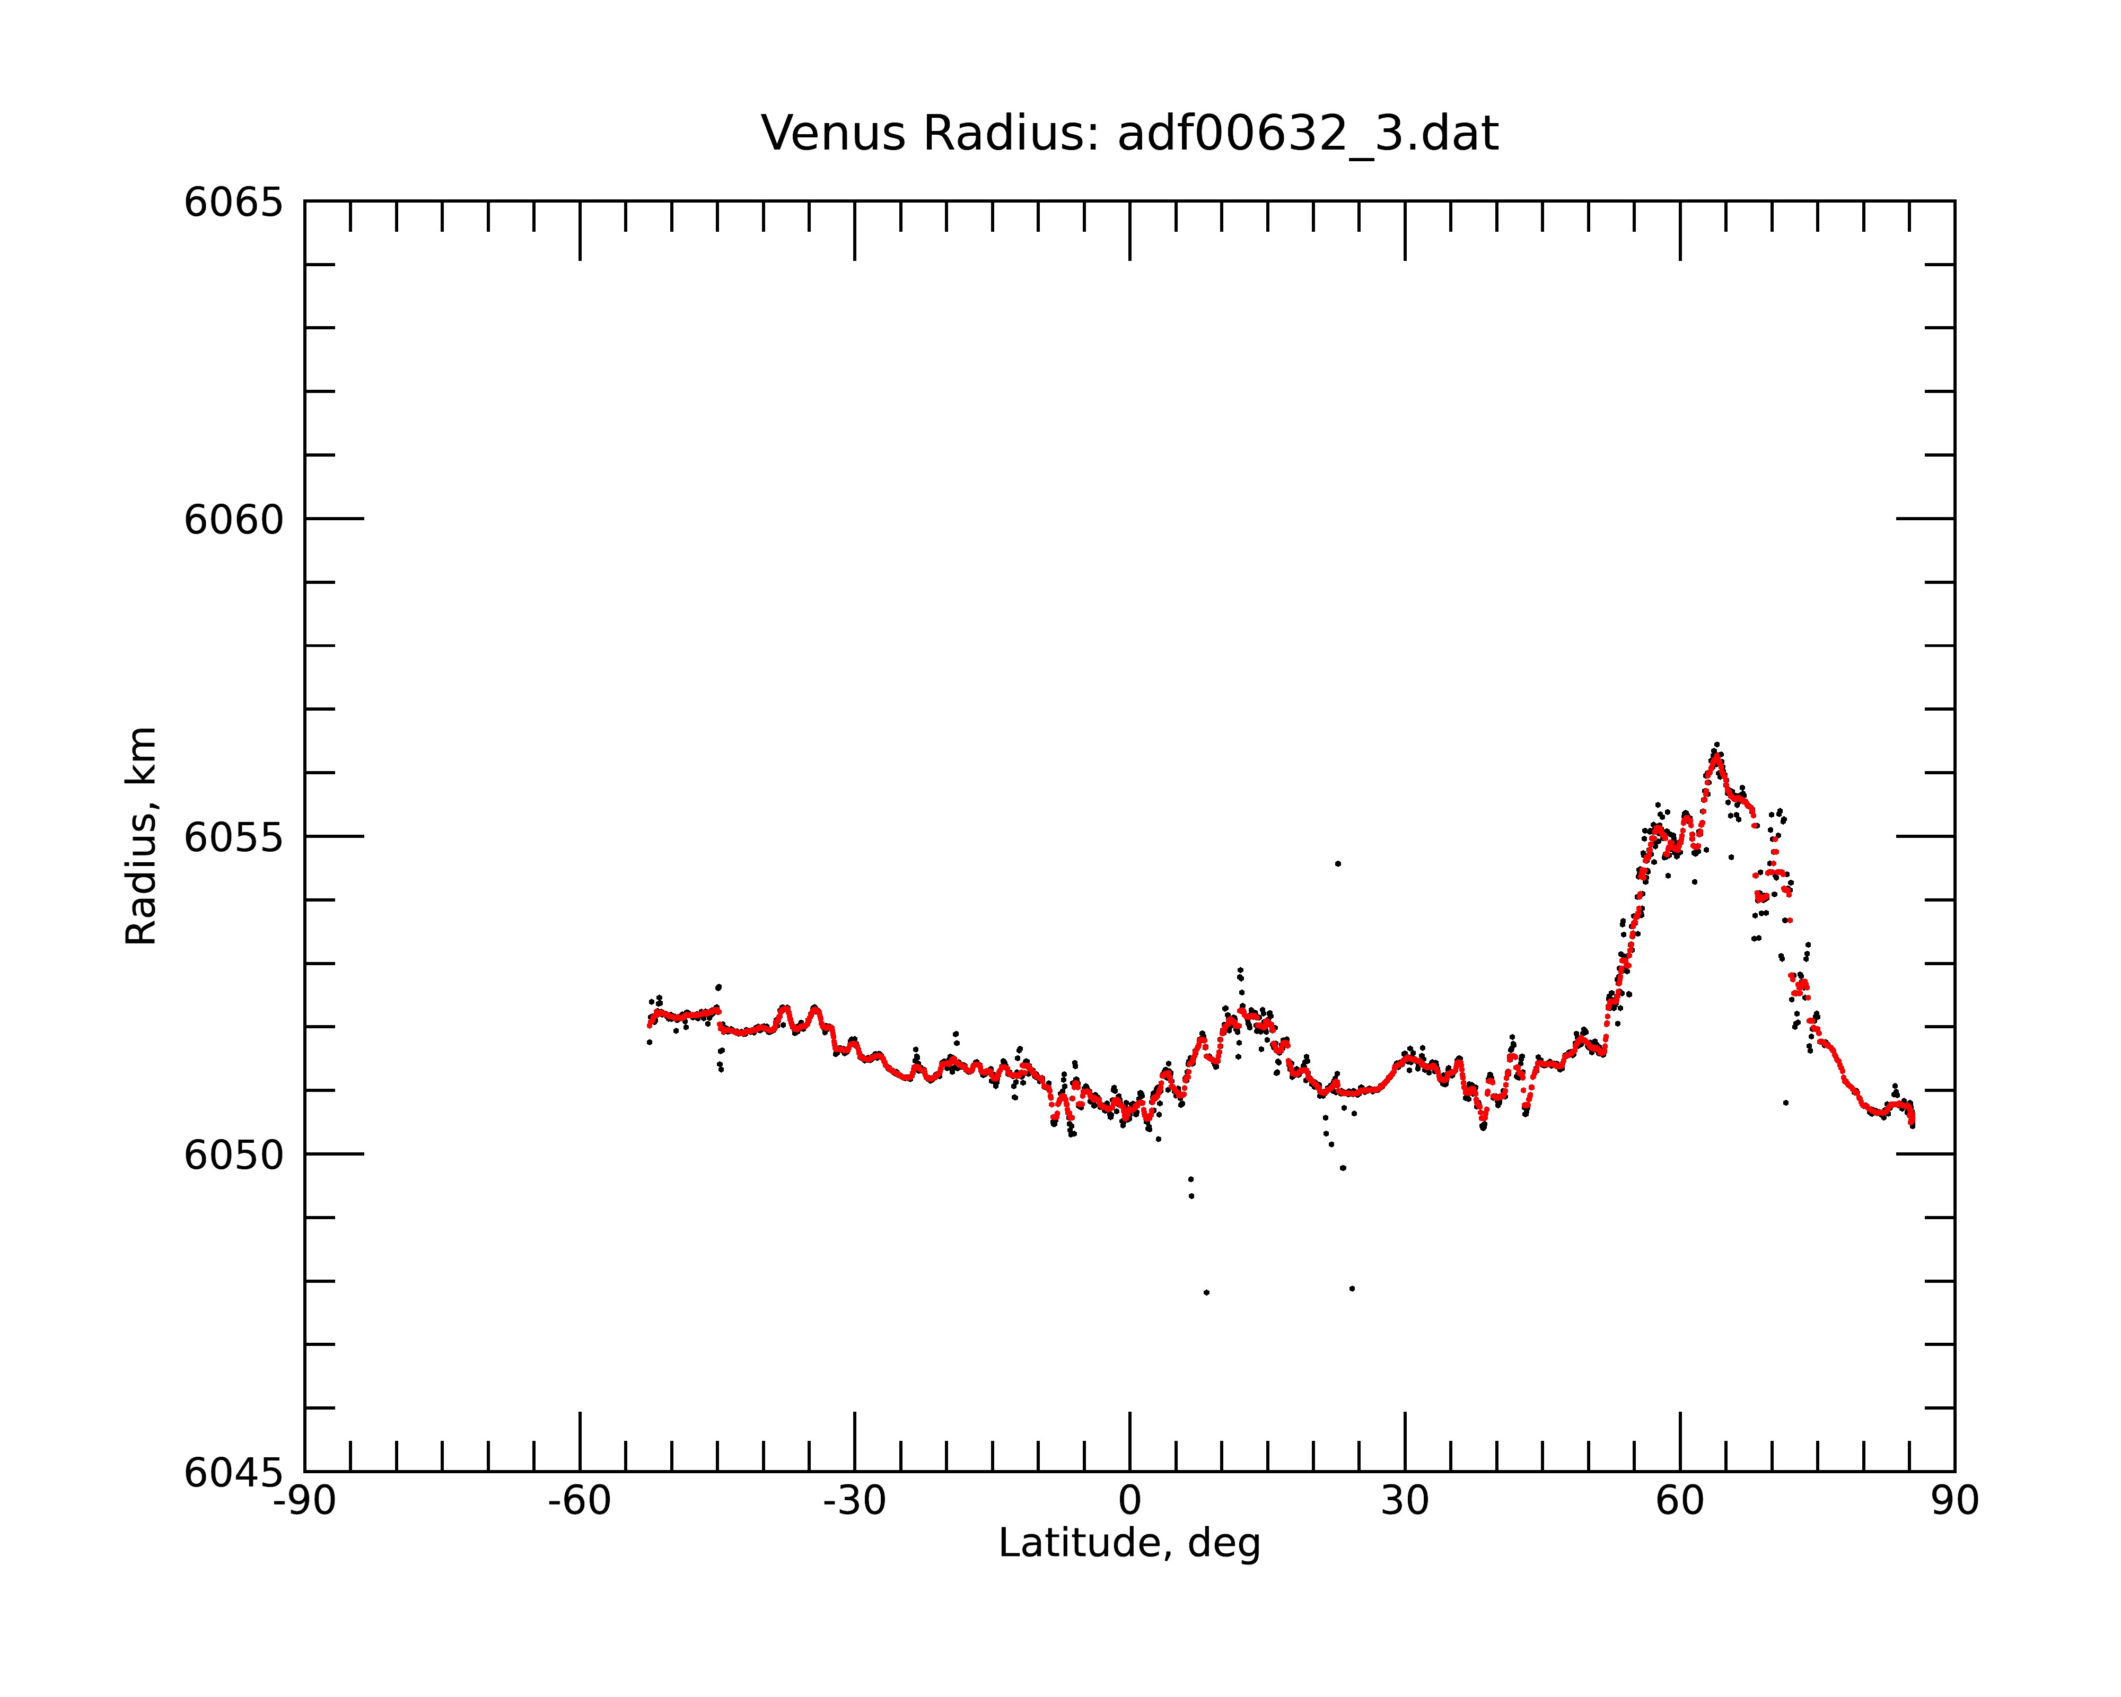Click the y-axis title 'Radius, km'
click(x=141, y=836)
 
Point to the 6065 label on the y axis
click(x=233, y=203)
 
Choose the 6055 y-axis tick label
click(x=233, y=837)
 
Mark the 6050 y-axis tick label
click(x=233, y=1155)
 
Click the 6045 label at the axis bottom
click(x=233, y=1473)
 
